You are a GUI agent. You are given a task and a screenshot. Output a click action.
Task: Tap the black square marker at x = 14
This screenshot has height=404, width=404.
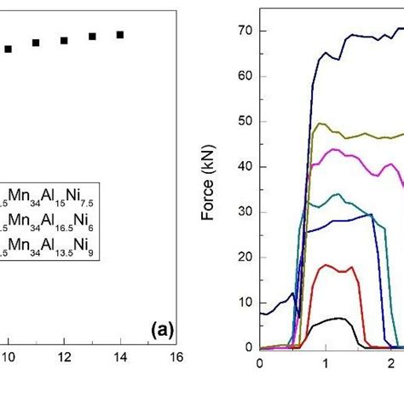pos(120,35)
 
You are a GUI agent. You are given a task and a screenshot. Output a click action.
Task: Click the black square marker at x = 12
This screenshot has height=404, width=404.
pos(64,41)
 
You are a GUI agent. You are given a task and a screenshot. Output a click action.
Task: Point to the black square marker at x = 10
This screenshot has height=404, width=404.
pos(9,49)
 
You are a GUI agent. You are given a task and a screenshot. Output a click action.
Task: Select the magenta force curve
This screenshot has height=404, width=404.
pos(349,153)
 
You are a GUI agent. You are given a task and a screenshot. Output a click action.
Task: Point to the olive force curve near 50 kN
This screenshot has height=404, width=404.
pos(358,134)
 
